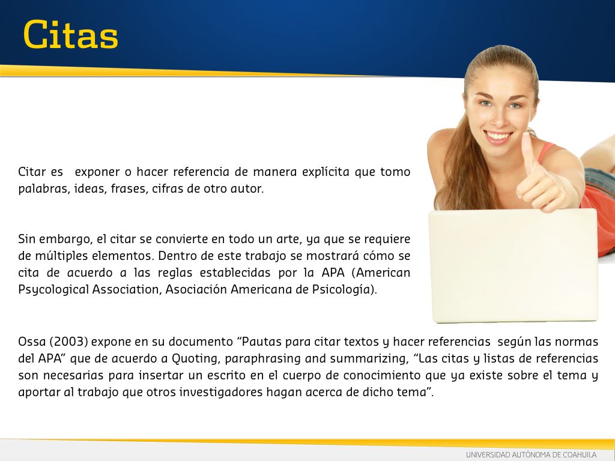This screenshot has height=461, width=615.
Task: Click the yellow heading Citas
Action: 71,35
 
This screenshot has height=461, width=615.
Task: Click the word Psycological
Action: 53,290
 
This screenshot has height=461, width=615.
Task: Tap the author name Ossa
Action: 32,342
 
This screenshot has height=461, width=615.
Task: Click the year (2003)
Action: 68,342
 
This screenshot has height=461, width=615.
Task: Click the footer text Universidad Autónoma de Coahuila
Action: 531,455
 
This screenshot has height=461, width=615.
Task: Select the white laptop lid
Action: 514,265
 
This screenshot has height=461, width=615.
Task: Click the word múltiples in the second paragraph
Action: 58,256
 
